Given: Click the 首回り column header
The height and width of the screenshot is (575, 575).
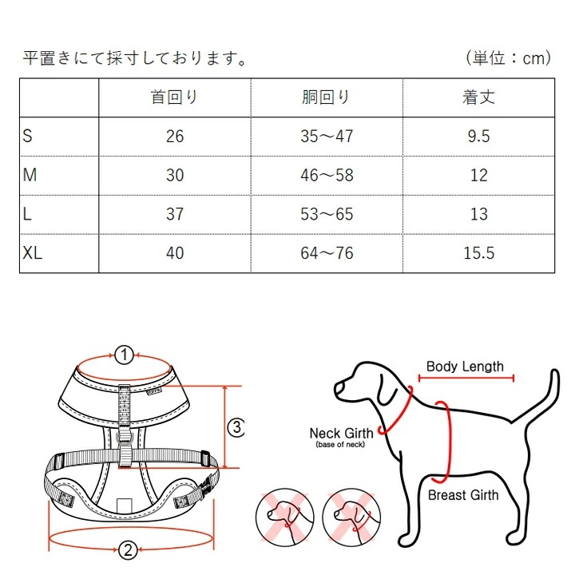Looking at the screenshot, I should click(x=174, y=97).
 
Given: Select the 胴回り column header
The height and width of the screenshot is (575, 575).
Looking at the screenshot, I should click(x=326, y=97).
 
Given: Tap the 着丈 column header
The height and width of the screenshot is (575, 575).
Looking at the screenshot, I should click(x=478, y=97).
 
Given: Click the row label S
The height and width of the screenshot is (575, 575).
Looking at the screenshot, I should click(x=28, y=136).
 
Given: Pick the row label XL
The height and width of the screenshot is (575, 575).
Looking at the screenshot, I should click(x=33, y=253).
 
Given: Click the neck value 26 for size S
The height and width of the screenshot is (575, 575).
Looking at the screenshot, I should click(x=174, y=137).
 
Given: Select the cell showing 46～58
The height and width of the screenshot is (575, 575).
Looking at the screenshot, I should click(x=326, y=175).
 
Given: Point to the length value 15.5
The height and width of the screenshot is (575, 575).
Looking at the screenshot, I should click(x=478, y=253).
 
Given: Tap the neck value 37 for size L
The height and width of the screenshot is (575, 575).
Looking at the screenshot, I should click(x=174, y=214).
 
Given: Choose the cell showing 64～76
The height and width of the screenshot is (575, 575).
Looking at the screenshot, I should click(x=326, y=253).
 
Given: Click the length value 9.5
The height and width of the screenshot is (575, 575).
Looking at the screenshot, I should click(x=478, y=137).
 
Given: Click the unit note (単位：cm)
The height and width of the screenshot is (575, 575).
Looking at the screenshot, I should click(x=508, y=58).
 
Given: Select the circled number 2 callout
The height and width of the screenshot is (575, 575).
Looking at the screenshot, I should click(x=125, y=549).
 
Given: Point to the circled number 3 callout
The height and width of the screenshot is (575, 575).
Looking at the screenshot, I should click(x=236, y=427).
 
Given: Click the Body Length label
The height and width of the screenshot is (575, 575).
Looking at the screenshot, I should click(x=465, y=367).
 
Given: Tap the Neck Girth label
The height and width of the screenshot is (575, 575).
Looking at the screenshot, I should click(x=341, y=434).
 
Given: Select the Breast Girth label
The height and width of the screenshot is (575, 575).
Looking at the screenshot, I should click(x=463, y=495).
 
